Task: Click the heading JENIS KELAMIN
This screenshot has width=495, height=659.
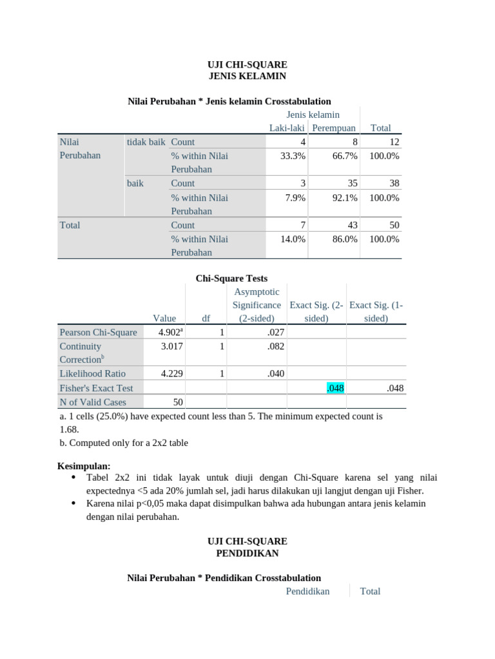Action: pos(247,76)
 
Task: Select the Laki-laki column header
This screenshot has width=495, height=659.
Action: pos(287,128)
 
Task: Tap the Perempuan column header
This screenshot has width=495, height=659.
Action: pos(334,128)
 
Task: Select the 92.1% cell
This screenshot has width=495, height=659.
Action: pos(345,198)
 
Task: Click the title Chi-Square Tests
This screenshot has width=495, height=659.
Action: pos(231,279)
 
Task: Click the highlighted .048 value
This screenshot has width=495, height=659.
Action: pos(336,388)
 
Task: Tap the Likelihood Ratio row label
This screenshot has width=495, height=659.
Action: pos(92,373)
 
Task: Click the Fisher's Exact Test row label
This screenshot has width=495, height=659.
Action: pos(96,388)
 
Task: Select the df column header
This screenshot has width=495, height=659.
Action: pos(206,319)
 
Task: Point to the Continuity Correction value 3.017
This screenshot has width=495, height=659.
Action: pos(173,346)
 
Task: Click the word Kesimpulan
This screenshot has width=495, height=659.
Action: pos(84,465)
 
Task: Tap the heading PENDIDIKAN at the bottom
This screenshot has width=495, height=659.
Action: pos(247,553)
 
